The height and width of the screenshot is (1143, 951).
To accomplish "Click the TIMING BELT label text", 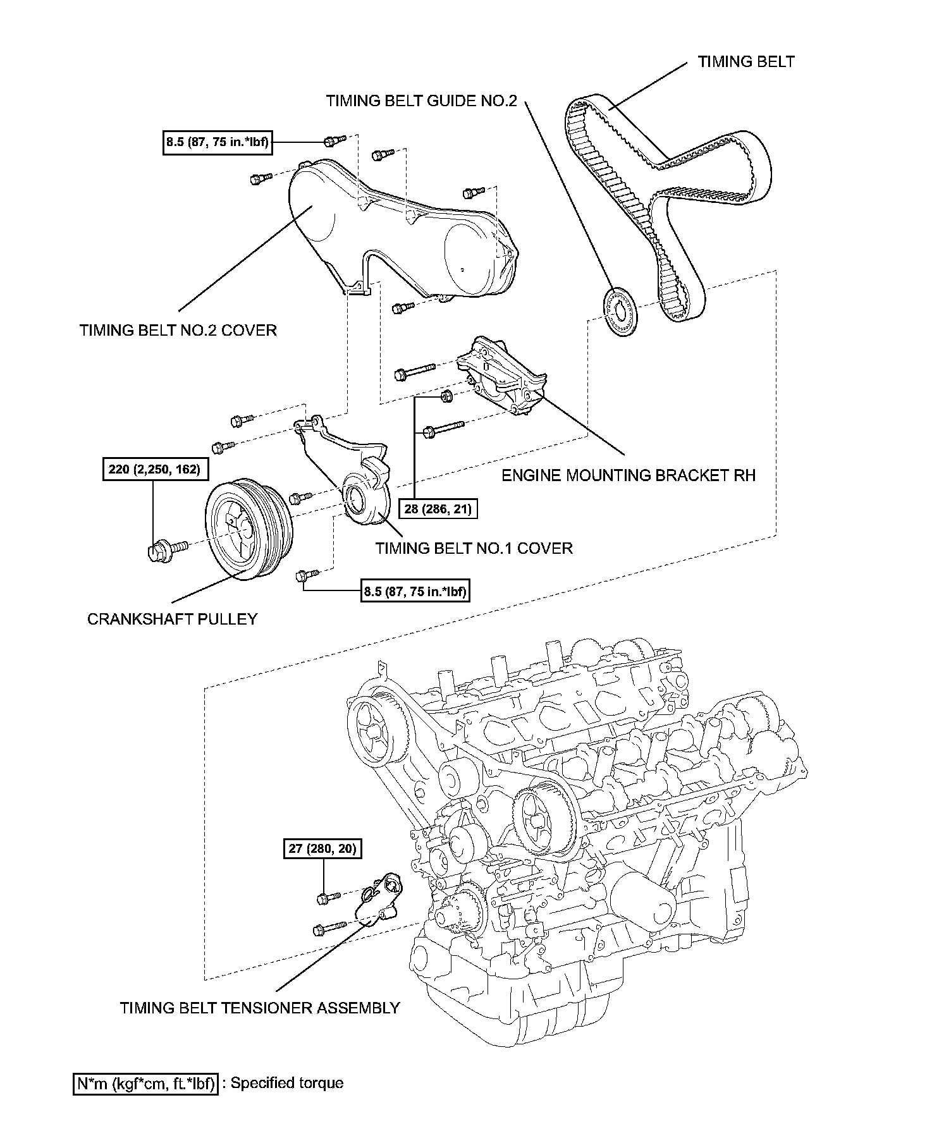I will [745, 61].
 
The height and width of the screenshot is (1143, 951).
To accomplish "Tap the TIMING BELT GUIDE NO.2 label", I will [421, 101].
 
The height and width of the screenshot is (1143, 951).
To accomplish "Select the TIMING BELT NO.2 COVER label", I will [178, 330].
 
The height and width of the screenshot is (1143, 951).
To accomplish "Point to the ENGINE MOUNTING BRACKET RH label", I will [628, 475].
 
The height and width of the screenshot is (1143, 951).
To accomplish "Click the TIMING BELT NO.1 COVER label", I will [474, 548].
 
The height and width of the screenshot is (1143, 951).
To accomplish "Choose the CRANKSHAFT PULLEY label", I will [172, 619].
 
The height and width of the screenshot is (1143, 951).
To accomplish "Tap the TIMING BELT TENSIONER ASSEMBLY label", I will [260, 1008].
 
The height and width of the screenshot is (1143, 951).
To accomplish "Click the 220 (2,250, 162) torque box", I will [154, 469].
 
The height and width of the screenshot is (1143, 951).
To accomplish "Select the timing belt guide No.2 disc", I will [619, 312].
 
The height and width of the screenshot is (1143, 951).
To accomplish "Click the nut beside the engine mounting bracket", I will [445, 396].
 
